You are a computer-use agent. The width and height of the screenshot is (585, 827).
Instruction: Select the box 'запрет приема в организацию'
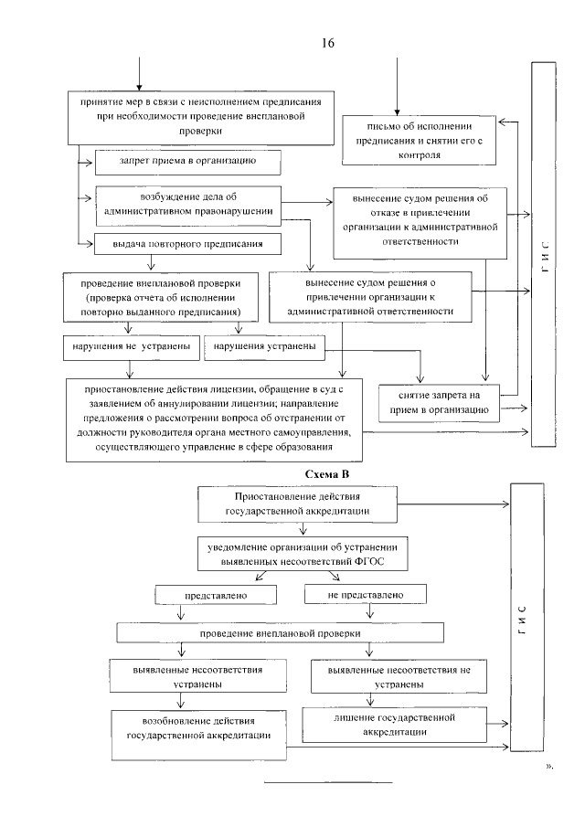[186, 162]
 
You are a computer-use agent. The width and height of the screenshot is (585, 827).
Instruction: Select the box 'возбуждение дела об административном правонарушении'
[187, 203]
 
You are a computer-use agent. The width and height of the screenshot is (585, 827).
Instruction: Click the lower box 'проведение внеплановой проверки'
[281, 632]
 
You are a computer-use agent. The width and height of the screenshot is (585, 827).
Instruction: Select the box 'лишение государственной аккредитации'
[391, 726]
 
